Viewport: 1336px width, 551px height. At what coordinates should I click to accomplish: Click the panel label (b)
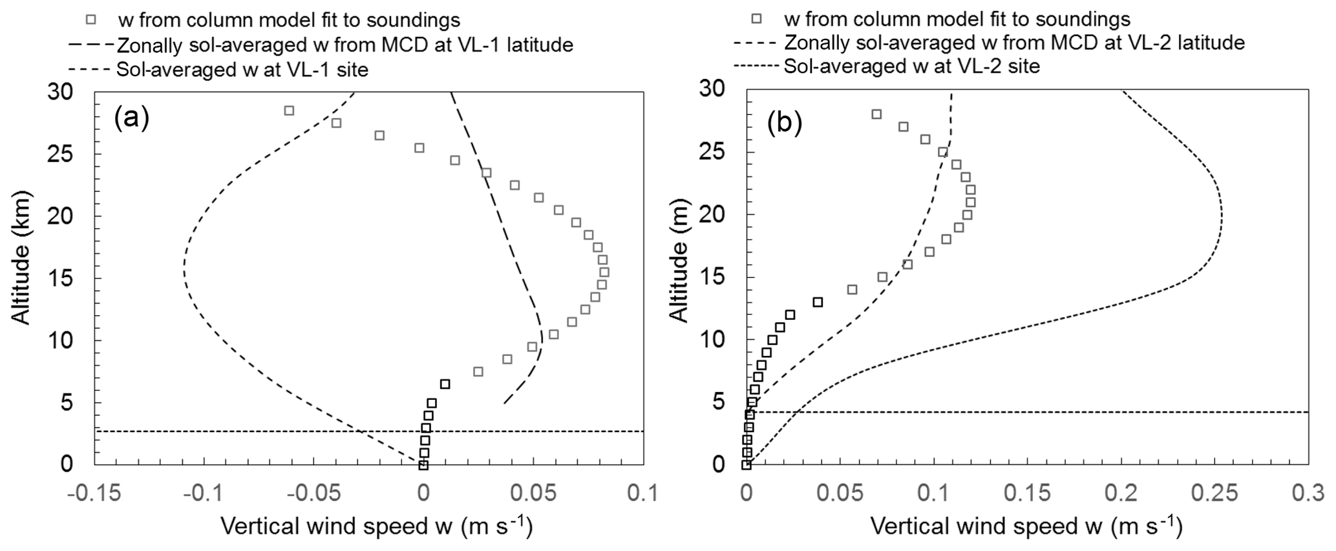click(785, 123)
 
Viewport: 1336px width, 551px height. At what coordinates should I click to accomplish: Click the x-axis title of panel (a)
click(377, 526)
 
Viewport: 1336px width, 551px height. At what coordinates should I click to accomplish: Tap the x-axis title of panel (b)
click(1026, 526)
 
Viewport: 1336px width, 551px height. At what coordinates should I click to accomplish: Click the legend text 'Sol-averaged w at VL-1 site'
click(242, 69)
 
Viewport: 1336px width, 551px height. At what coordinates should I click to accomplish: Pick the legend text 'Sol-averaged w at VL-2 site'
click(912, 66)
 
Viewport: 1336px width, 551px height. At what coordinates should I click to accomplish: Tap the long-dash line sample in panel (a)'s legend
click(90, 45)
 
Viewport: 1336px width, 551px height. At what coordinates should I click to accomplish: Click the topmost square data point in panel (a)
click(289, 110)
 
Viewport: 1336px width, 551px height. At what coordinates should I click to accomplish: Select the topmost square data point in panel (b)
click(876, 114)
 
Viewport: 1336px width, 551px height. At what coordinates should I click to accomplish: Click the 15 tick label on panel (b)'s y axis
click(715, 277)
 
